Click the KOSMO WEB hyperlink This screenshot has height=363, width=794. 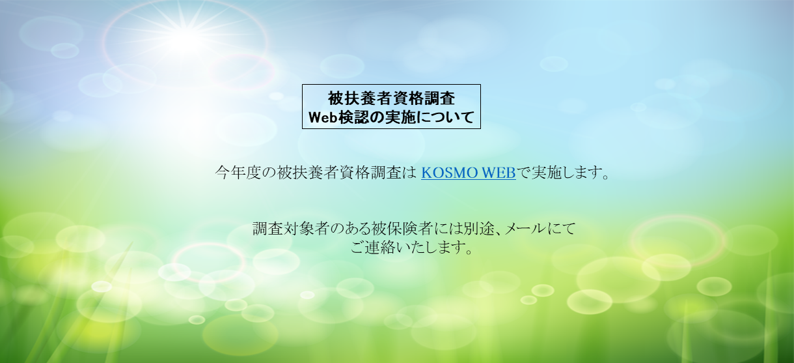point(468,173)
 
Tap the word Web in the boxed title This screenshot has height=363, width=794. point(323,117)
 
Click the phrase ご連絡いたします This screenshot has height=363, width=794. point(407,248)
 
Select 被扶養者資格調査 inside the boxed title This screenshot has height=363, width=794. point(391,98)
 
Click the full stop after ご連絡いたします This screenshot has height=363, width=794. point(469,251)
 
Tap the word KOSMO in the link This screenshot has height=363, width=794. point(448,173)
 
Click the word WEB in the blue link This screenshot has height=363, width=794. point(498,173)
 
